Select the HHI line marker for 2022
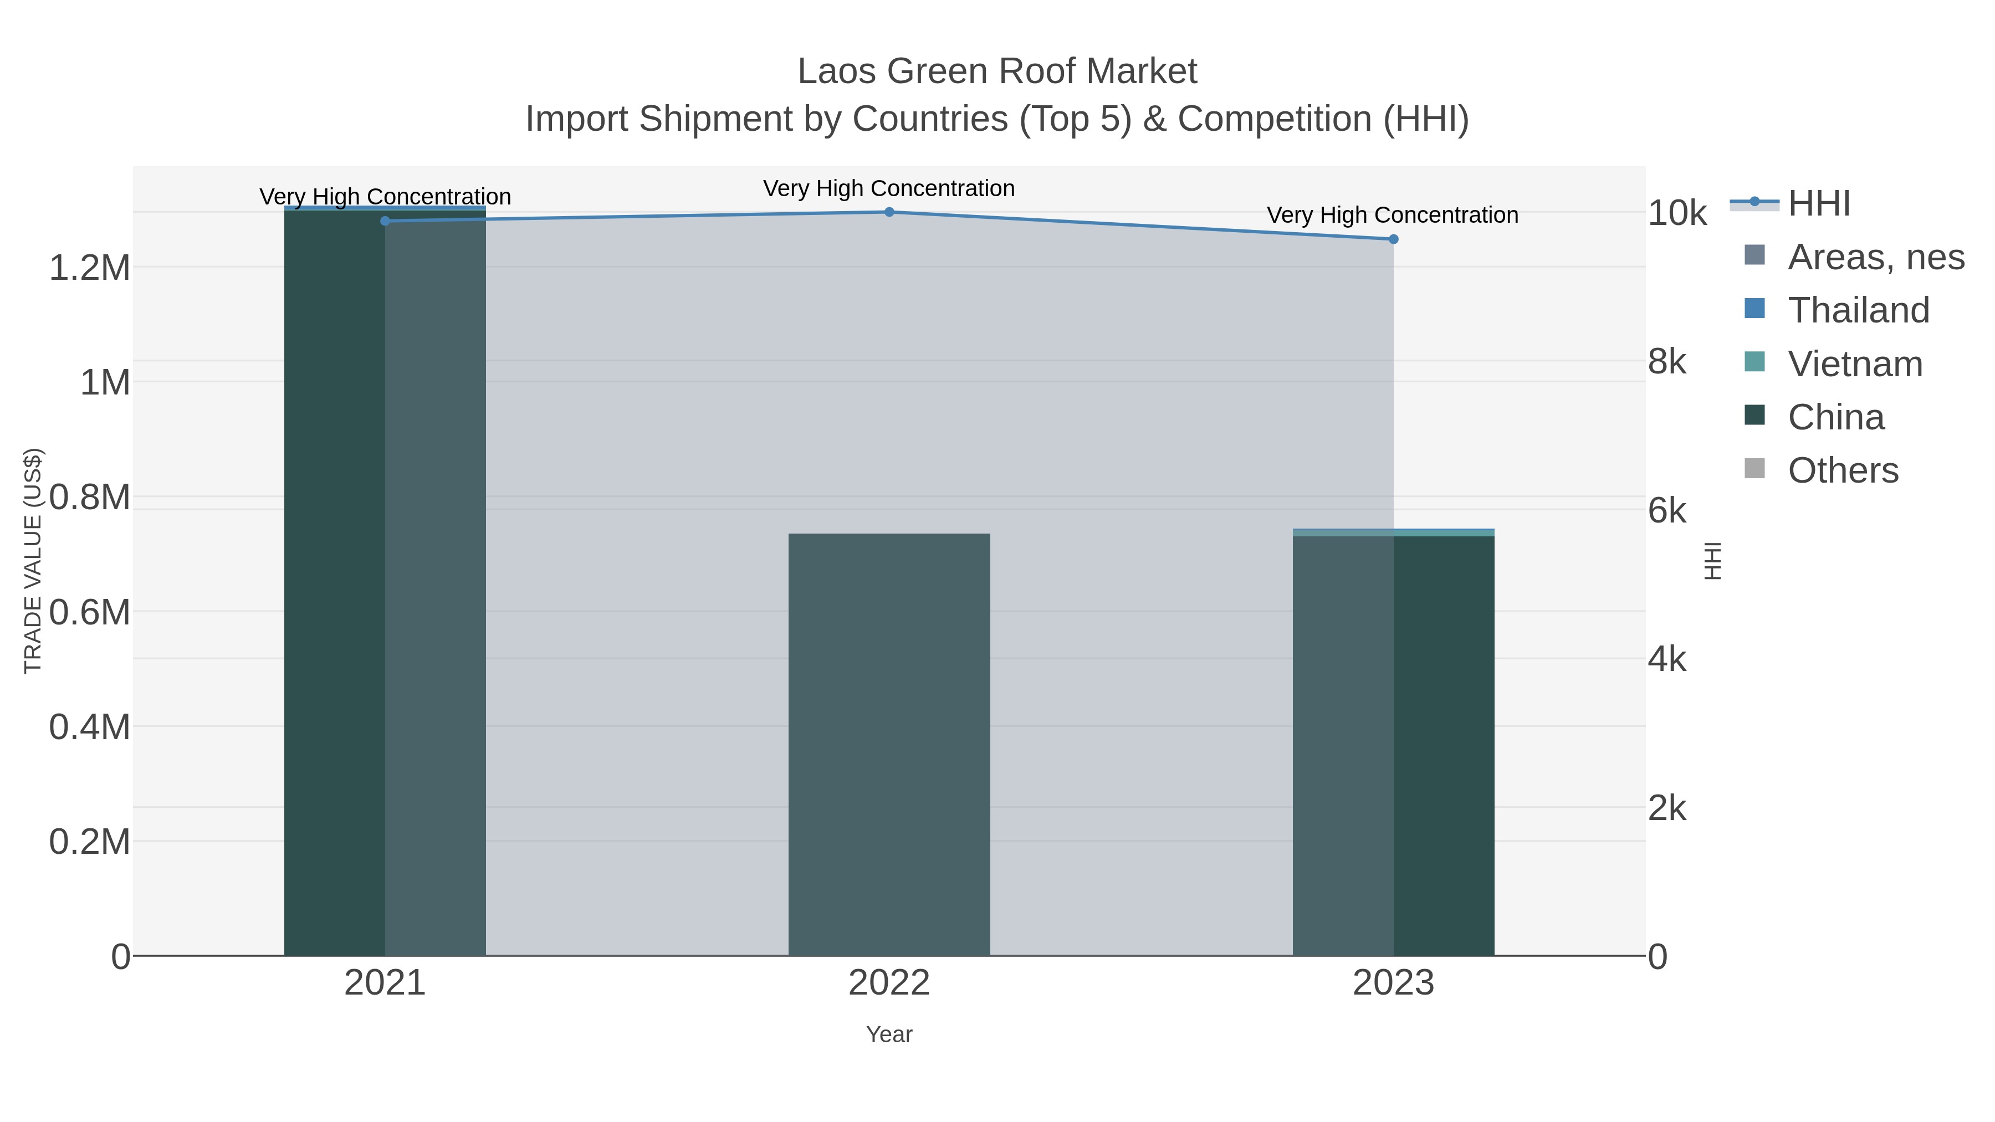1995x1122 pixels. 889,212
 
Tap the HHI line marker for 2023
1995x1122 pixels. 1393,239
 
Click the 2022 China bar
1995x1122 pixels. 889,744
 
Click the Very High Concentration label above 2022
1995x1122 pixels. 889,189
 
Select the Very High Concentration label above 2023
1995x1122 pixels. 1393,216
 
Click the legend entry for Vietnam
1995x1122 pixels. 1854,364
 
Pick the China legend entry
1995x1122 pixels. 1835,417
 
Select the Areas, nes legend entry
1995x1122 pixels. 1875,257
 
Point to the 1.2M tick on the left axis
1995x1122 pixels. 90,269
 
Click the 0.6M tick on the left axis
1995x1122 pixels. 90,612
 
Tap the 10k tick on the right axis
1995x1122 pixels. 1677,214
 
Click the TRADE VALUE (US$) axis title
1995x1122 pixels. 33,561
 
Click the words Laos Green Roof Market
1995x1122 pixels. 997,72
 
